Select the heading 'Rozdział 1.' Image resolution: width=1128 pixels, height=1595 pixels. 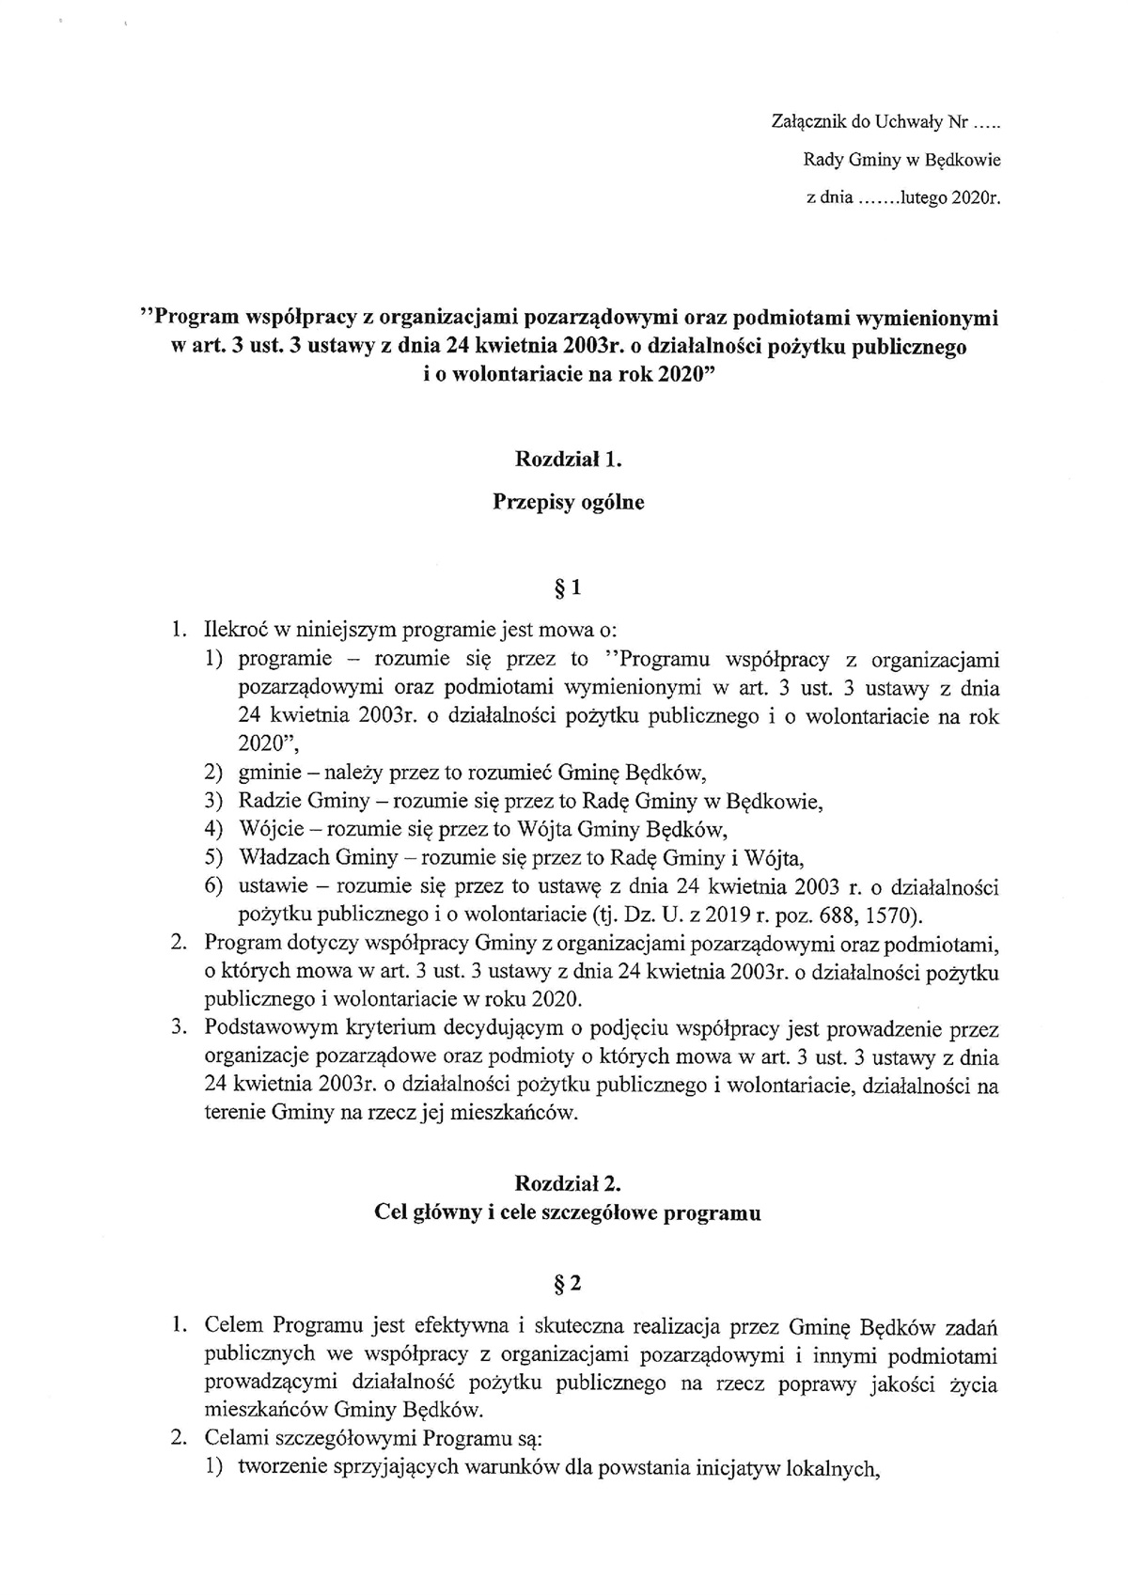(x=569, y=460)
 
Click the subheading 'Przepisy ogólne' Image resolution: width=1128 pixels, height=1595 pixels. (x=569, y=502)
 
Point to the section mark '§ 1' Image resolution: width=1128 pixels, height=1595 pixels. (x=569, y=589)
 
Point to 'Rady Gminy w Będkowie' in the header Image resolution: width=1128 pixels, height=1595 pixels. (x=887, y=160)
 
